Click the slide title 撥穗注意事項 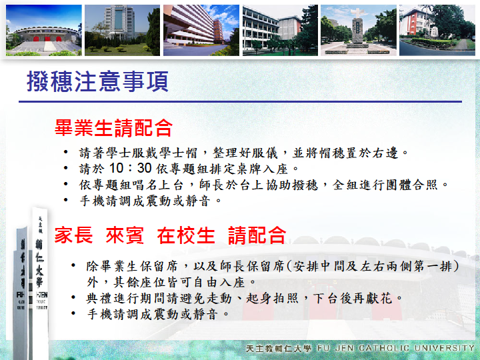click(97, 81)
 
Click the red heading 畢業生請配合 click(113, 127)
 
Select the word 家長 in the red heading click(73, 235)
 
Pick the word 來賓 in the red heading click(125, 235)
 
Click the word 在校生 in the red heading click(186, 235)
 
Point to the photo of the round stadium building click(44, 30)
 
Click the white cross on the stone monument click(359, 13)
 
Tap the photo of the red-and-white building click(437, 30)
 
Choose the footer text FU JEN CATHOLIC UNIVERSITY click(395, 348)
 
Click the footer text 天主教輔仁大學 click(279, 349)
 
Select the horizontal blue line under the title click(240, 101)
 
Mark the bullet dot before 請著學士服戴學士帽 click(65, 152)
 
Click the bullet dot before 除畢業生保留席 click(73, 265)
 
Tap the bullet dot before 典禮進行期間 click(73, 297)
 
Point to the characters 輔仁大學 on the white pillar click(39, 263)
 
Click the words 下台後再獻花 click(353, 298)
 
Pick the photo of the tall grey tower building click(122, 30)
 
